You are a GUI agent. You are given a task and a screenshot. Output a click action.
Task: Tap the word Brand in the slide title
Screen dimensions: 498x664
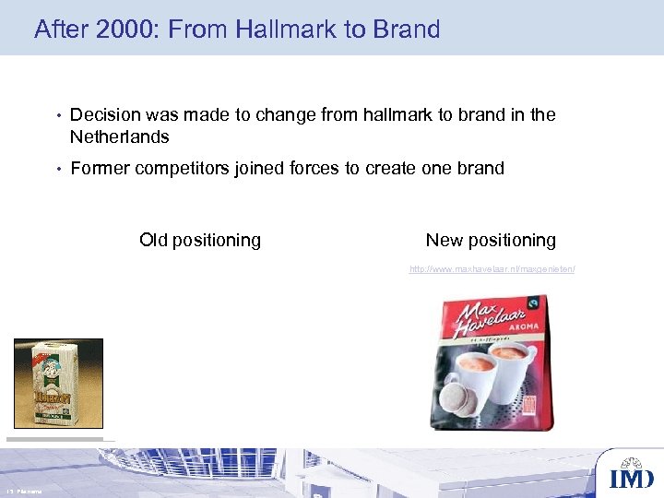click(x=407, y=30)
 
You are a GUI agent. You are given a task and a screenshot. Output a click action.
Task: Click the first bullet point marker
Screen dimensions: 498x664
click(x=56, y=115)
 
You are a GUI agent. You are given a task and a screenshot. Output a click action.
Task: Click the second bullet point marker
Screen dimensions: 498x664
click(x=56, y=169)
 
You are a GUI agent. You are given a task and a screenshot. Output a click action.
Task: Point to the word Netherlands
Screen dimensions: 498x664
click(x=120, y=137)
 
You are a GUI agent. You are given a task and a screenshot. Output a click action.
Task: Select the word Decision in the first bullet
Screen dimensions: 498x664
click(x=105, y=114)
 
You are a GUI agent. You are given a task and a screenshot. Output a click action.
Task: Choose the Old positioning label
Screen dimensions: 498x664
click(x=200, y=241)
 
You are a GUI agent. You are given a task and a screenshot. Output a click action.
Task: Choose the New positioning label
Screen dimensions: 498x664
click(x=491, y=241)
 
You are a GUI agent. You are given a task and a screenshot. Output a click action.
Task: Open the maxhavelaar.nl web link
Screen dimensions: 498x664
click(x=492, y=269)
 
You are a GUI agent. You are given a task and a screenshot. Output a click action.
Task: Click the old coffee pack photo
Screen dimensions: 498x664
click(x=58, y=383)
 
